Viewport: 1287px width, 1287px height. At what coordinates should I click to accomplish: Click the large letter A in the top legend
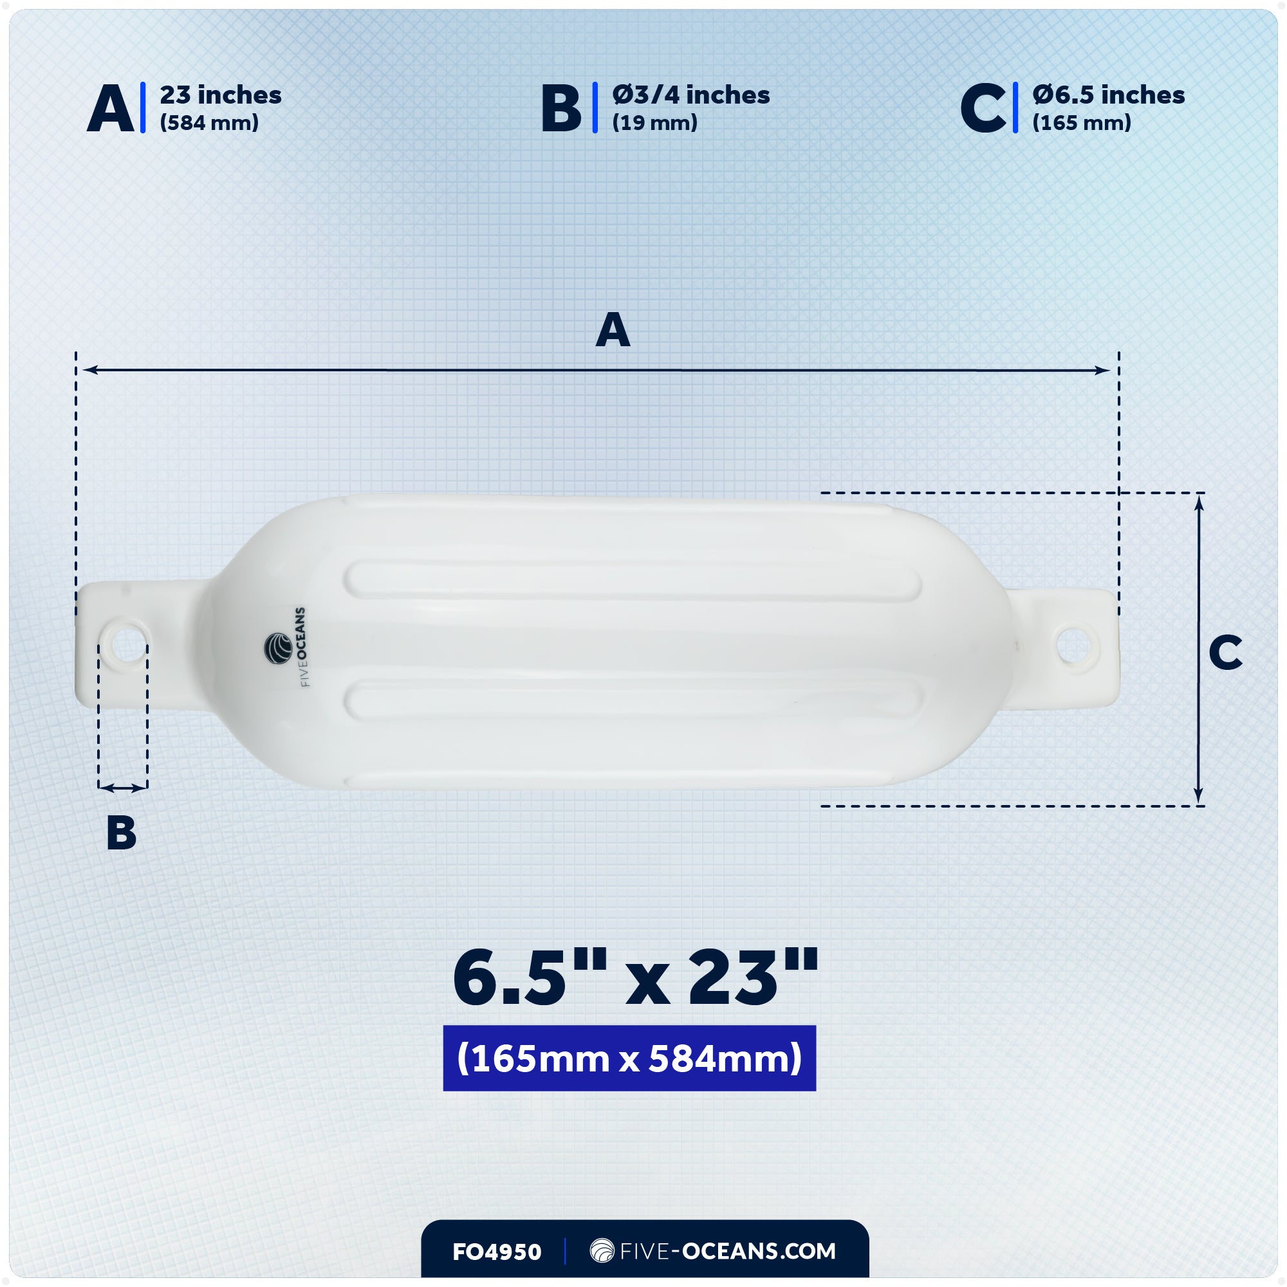pos(111,109)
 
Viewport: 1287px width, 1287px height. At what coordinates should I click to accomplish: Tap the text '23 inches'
pos(221,95)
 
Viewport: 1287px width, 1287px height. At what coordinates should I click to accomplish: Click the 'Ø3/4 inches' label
pos(690,95)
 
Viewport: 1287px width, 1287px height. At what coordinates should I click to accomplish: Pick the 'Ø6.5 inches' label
pos(1109,95)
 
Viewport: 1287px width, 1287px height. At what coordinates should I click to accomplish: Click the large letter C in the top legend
pos(983,109)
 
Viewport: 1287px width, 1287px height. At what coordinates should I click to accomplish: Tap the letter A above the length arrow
pos(613,330)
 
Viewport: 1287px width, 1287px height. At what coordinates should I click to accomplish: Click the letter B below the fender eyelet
pos(121,833)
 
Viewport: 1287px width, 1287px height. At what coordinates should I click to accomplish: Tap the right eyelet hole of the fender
pos(1073,645)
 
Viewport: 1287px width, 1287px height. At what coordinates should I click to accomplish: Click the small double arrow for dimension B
pos(122,788)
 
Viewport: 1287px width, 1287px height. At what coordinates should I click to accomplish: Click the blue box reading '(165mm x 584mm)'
pos(629,1059)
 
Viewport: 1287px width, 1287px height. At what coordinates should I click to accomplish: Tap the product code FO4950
pos(497,1252)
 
